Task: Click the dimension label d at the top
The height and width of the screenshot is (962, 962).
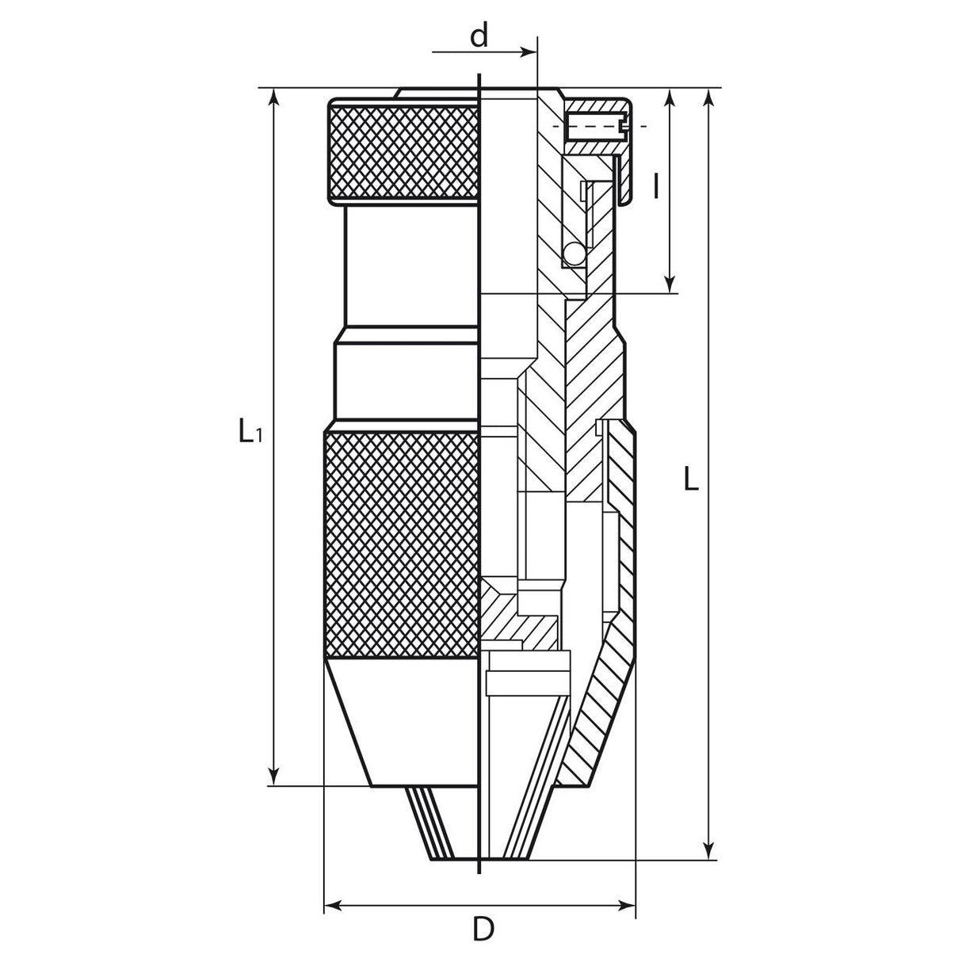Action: tap(479, 37)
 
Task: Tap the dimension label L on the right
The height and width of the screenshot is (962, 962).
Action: tap(691, 480)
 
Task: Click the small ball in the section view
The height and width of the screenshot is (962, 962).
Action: tap(573, 254)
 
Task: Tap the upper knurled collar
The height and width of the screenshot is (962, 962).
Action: tap(404, 151)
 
